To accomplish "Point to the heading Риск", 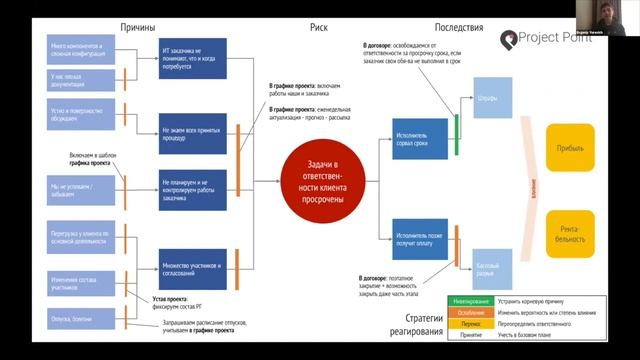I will [x=319, y=28].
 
